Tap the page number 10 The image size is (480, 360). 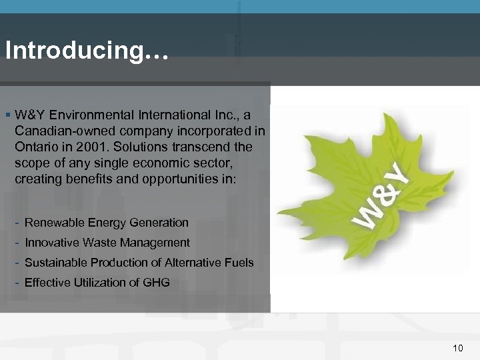click(457, 347)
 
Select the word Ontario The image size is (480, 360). click(36, 146)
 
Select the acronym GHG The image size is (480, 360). click(157, 283)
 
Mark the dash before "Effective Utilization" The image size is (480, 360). click(17, 282)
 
